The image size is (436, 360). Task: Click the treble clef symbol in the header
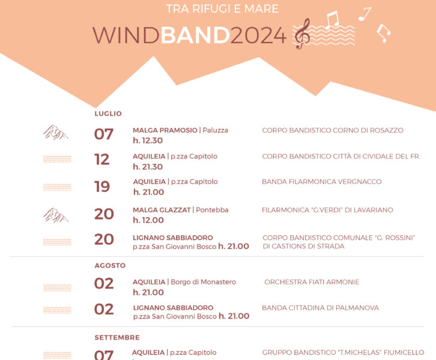tap(302, 34)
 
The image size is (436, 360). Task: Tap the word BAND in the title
tap(195, 35)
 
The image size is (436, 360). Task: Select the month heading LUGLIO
tap(108, 113)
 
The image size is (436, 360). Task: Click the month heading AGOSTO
tap(110, 266)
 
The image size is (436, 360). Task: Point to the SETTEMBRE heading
tap(117, 337)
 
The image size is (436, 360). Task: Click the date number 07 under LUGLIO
tap(104, 134)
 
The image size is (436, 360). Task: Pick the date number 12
tap(101, 160)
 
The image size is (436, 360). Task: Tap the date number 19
tap(102, 187)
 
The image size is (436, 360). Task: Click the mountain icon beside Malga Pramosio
tap(56, 132)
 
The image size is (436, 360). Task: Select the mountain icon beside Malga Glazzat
tap(56, 215)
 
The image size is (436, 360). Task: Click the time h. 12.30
tap(148, 140)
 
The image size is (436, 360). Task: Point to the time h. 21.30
tap(148, 167)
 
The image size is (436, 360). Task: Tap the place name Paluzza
tap(215, 130)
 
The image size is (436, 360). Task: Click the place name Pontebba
tap(212, 210)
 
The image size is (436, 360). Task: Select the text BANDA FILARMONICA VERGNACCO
tap(322, 182)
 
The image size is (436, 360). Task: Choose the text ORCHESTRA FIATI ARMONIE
tap(312, 282)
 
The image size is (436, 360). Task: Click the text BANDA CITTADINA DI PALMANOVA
tap(320, 308)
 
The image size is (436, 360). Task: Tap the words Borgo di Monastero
tap(203, 282)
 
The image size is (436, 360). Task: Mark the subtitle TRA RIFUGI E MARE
tap(222, 9)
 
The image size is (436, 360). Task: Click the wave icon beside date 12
tap(57, 159)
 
